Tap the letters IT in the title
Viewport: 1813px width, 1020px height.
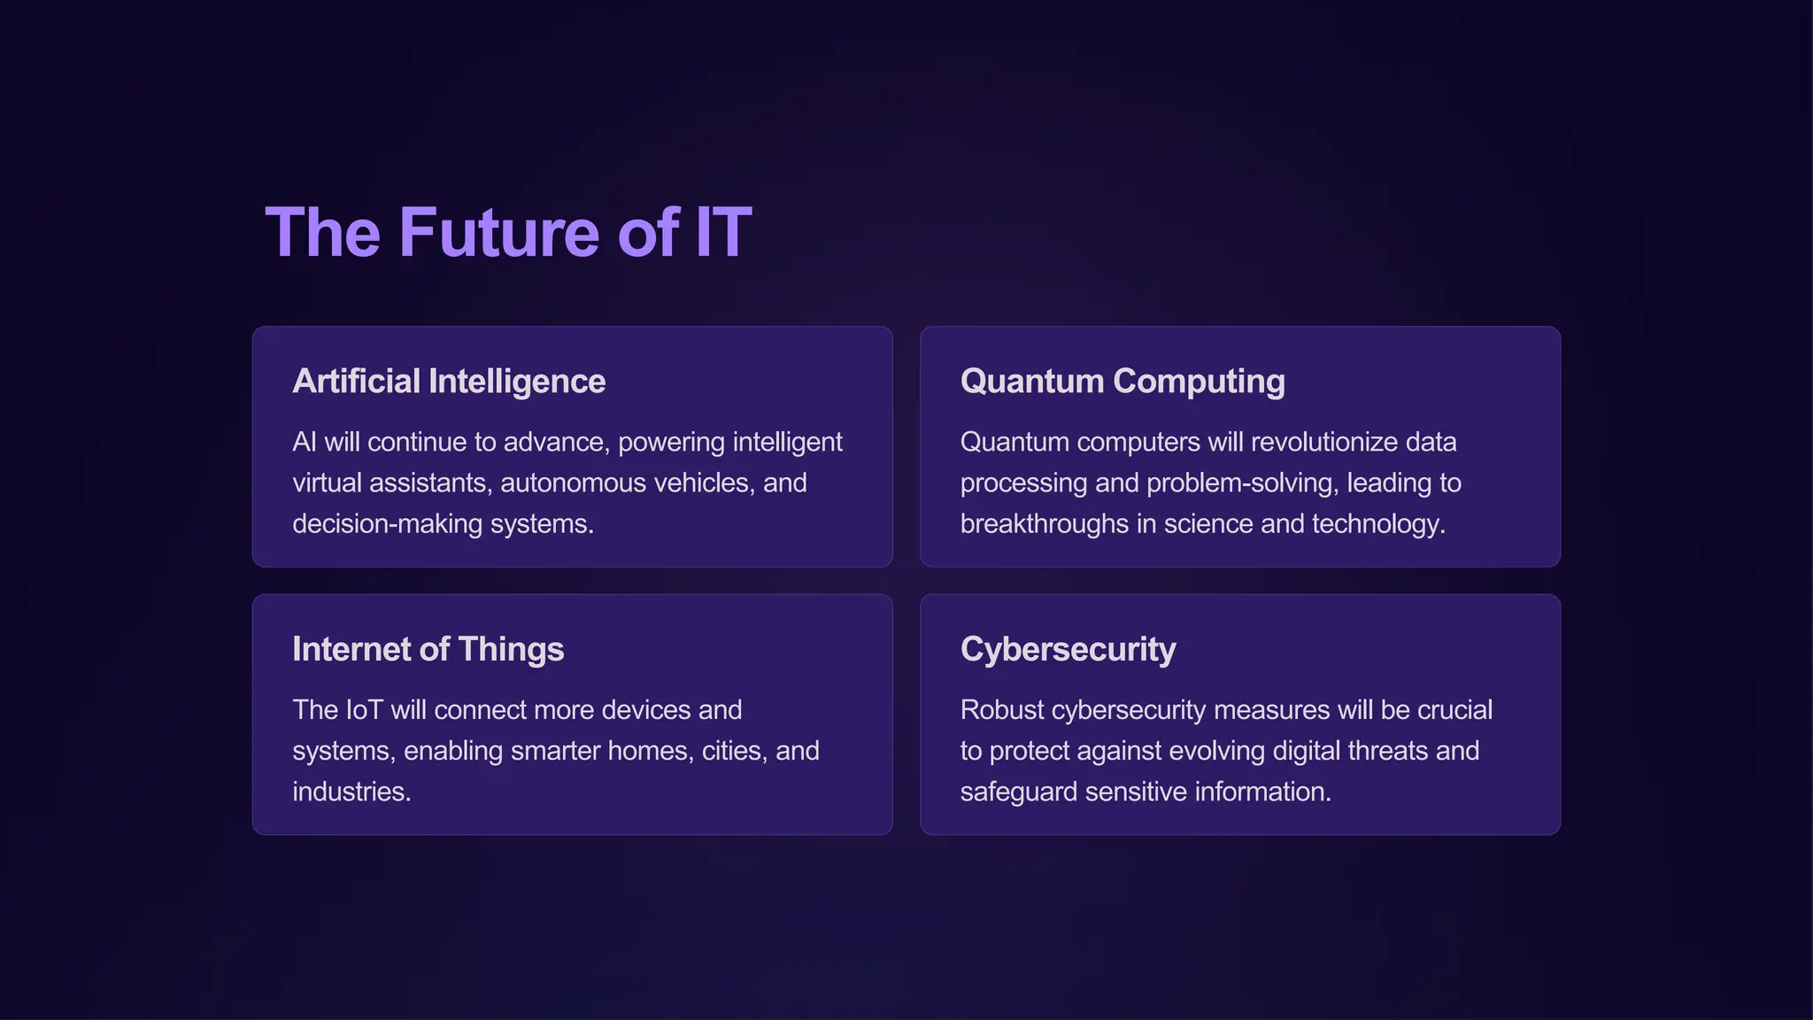pyautogui.click(x=723, y=233)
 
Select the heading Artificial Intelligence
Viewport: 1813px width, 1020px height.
pyautogui.click(x=449, y=382)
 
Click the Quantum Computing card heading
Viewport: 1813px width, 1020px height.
pyautogui.click(x=1122, y=382)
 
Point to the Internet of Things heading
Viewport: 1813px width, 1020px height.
pyautogui.click(x=428, y=650)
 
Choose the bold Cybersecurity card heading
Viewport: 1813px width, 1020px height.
pyautogui.click(x=1068, y=650)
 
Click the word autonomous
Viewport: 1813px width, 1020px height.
pyautogui.click(x=573, y=483)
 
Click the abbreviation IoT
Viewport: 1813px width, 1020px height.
pyautogui.click(x=364, y=710)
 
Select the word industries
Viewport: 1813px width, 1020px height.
pyautogui.click(x=351, y=792)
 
